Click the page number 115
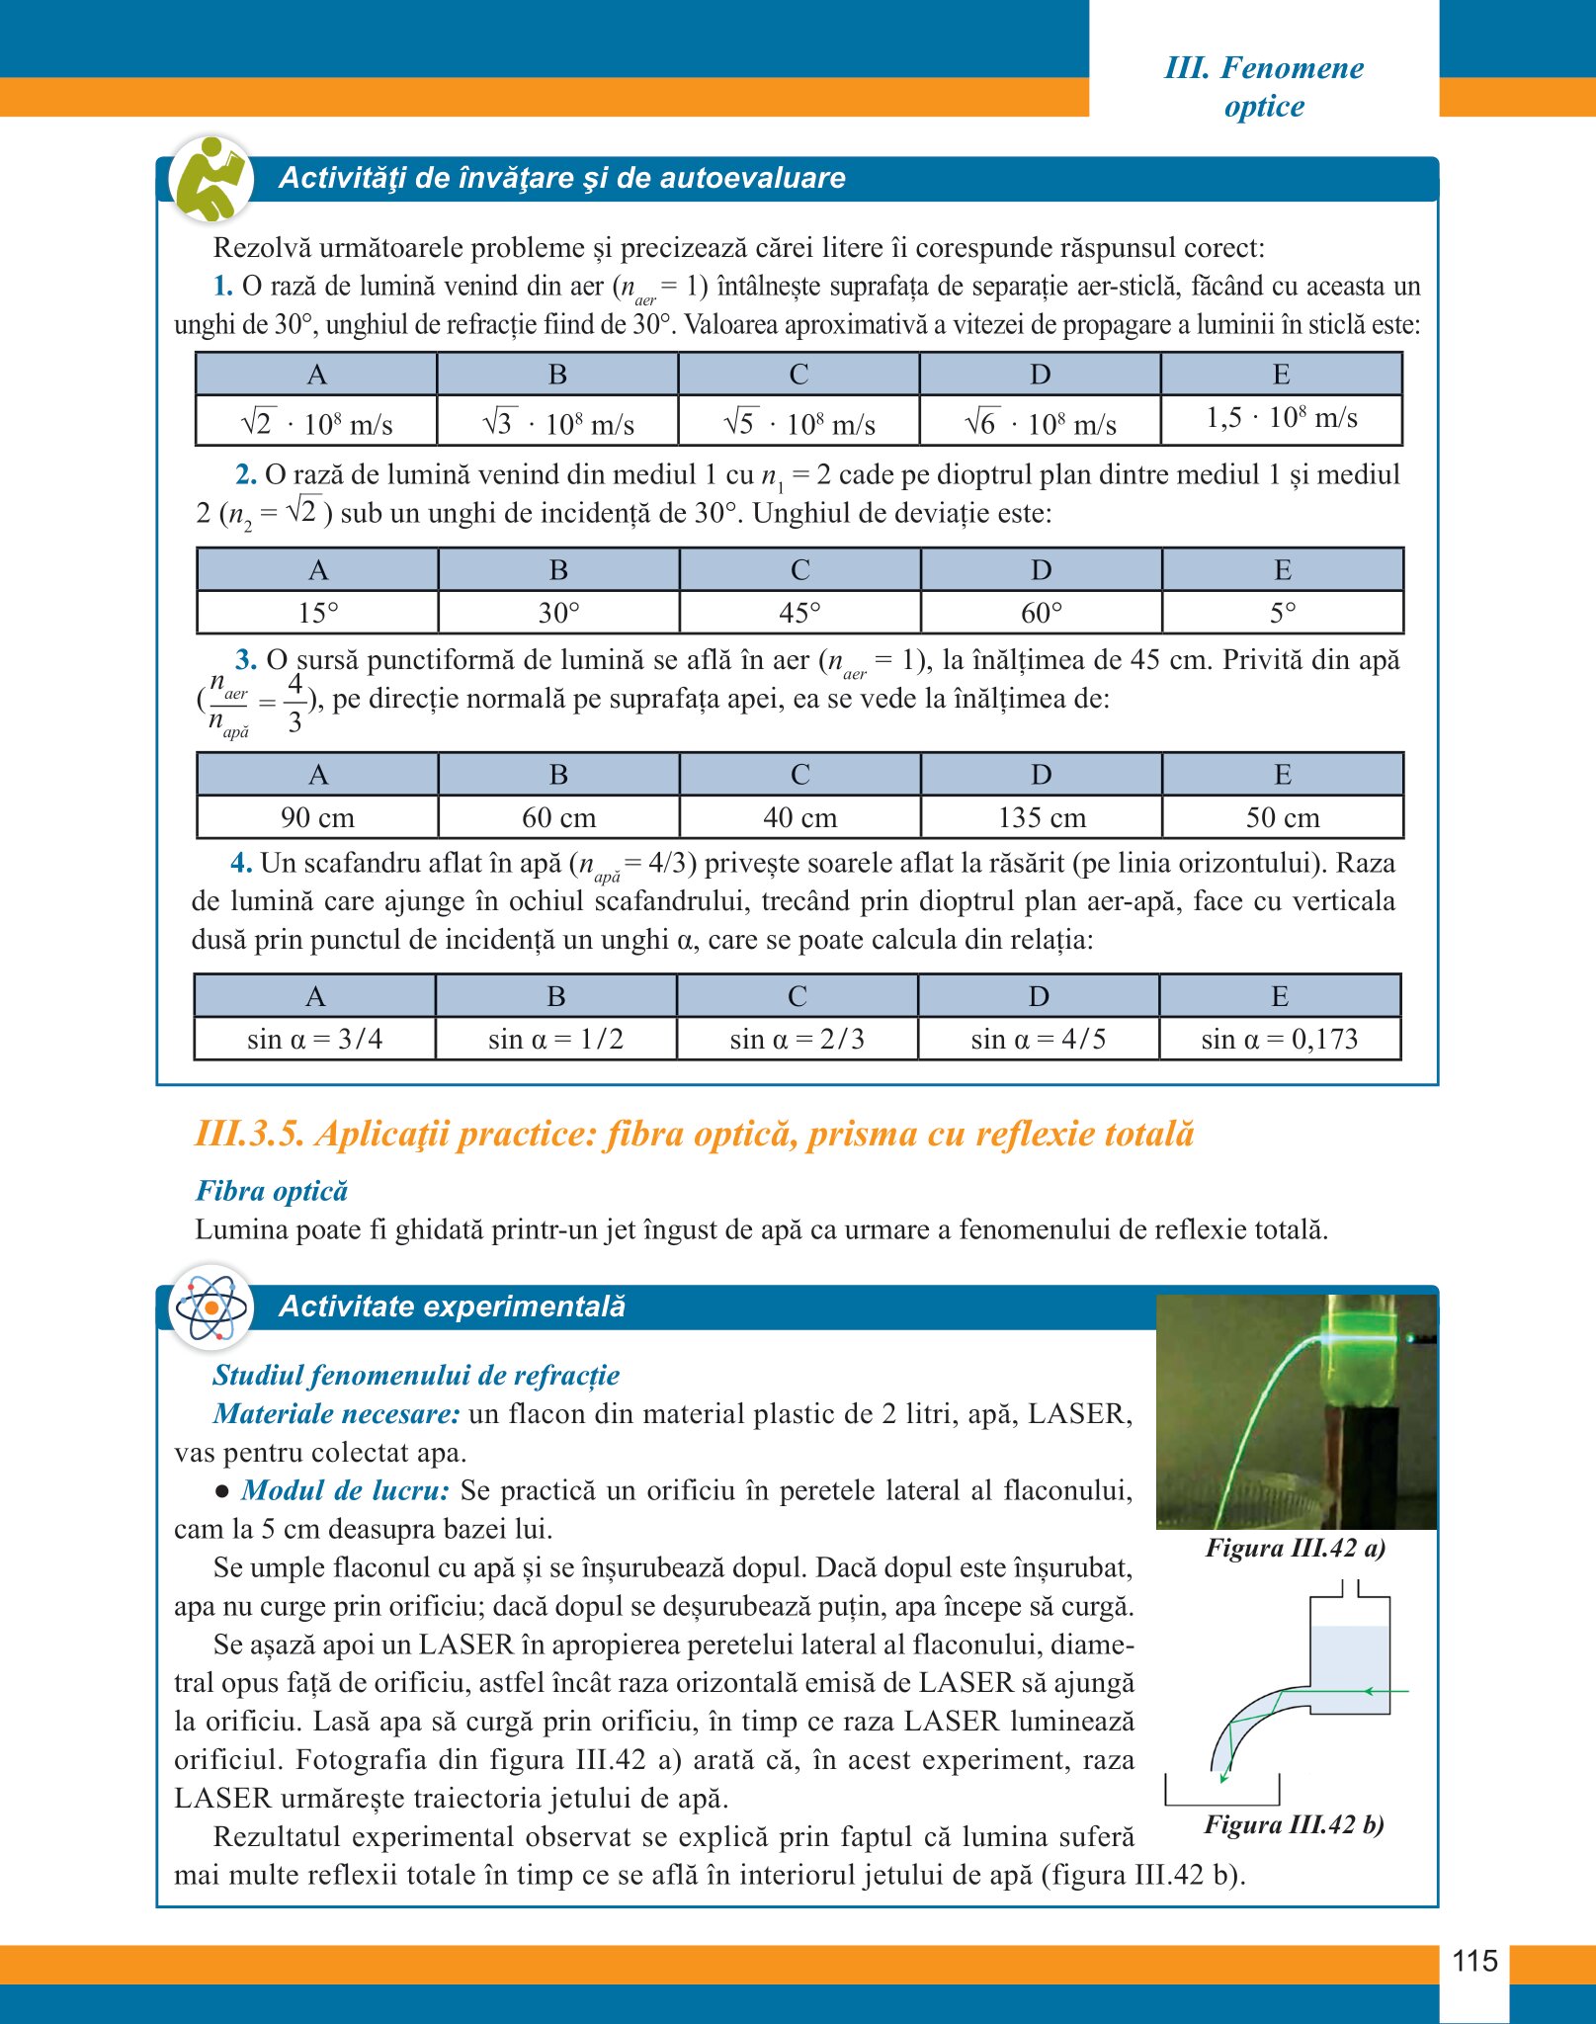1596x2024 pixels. point(1474,1960)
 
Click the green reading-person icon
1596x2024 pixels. point(210,179)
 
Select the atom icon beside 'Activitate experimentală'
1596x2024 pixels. point(210,1307)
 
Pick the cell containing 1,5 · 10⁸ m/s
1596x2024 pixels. point(1281,418)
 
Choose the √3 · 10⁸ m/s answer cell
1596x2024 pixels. point(557,423)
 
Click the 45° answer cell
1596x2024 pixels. point(799,613)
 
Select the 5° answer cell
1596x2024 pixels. point(1282,613)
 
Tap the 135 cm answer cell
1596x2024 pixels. point(1041,817)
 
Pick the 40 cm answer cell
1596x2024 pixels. point(799,817)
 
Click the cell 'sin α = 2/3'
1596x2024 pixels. point(797,1039)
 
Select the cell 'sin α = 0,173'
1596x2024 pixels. point(1279,1039)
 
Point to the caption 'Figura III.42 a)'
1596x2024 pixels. point(1295,1548)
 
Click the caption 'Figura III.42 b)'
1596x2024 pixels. point(1294,1824)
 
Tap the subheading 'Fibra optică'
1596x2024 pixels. point(272,1190)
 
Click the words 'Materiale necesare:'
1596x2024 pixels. point(336,1413)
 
